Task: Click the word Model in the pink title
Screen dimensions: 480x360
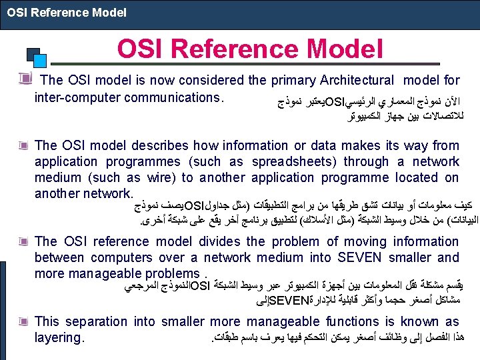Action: pyautogui.click(x=345, y=49)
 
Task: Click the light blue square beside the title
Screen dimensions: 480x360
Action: pyautogui.click(x=40, y=61)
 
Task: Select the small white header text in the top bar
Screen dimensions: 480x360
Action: pyautogui.click(x=67, y=13)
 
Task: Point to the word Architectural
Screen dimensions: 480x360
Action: pyautogui.click(x=357, y=80)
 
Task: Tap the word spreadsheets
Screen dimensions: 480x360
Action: pyautogui.click(x=294, y=162)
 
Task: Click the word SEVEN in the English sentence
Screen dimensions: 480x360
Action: pyautogui.click(x=360, y=257)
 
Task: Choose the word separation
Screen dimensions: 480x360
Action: pyautogui.click(x=96, y=322)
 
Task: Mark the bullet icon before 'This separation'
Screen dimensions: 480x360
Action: pyautogui.click(x=23, y=321)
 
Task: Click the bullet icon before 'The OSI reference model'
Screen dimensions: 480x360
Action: pyautogui.click(x=23, y=241)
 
